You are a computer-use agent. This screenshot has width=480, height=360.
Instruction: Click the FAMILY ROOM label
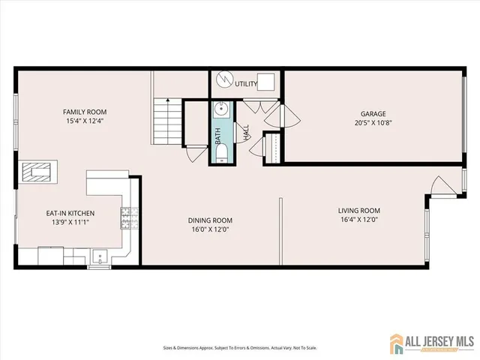85,112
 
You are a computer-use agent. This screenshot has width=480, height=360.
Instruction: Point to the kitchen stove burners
129,219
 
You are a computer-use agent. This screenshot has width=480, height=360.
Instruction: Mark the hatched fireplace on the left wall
37,173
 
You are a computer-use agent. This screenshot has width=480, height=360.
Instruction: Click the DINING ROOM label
209,220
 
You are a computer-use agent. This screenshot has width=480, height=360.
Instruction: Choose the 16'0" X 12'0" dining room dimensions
209,230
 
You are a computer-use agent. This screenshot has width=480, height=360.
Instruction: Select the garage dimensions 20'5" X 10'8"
372,123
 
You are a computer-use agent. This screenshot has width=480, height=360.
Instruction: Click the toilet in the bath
221,155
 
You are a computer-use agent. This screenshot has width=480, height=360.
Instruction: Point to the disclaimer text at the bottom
239,348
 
